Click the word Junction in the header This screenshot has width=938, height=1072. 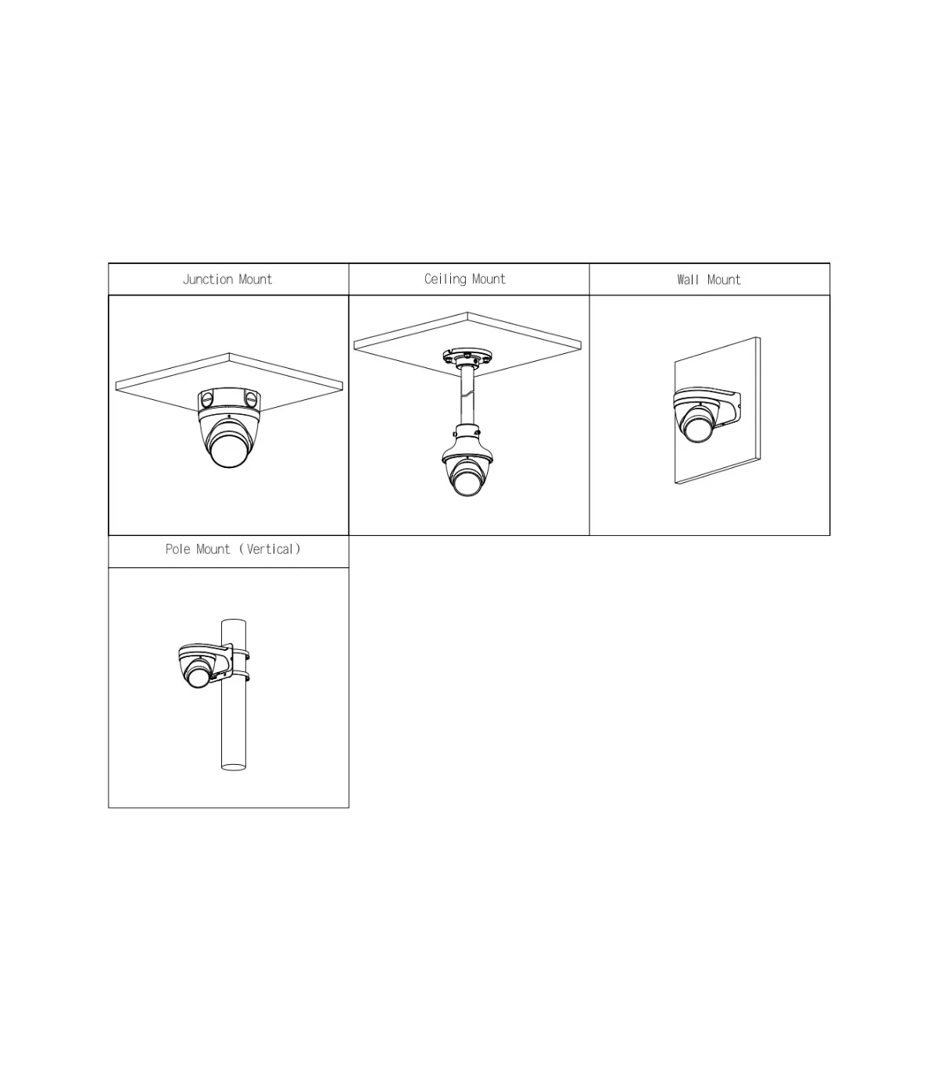click(208, 279)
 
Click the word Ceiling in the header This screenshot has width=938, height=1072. click(446, 279)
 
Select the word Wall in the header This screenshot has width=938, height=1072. click(688, 279)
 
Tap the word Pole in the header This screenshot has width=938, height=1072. click(177, 549)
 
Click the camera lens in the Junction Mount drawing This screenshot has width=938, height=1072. click(229, 449)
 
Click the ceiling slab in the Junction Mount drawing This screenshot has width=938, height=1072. click(229, 382)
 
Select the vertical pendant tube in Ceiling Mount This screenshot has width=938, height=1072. click(467, 397)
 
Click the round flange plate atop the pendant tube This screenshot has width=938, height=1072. click(467, 356)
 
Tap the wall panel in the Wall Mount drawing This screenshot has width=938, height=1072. click(718, 410)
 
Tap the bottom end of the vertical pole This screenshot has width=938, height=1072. click(234, 767)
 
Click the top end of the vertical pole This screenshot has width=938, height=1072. click(234, 622)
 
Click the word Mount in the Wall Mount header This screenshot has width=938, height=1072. click(724, 279)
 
